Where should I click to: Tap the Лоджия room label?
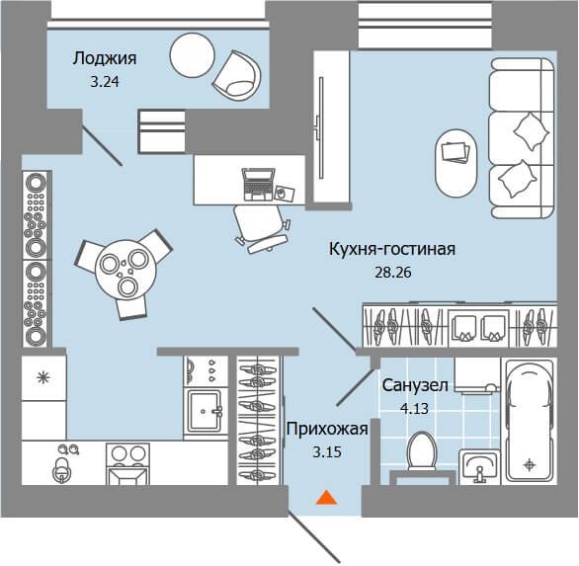point(105,58)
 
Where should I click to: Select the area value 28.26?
point(393,273)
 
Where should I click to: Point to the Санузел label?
point(415,385)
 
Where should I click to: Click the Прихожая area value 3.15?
point(327,452)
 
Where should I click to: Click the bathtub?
point(530,421)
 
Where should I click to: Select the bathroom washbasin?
point(479,466)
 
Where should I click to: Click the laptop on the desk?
point(259,185)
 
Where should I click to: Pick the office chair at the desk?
point(261,228)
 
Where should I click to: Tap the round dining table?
point(125,270)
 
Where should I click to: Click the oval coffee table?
point(456,163)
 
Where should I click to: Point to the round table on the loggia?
point(192,55)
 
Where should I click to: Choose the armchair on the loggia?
point(237,76)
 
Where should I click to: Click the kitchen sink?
point(205,411)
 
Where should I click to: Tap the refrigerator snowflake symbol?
point(43,377)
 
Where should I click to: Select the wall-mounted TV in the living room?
point(320,128)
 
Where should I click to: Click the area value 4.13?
point(414,409)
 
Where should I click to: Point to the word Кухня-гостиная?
point(392,249)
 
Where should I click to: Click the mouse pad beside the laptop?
point(285,193)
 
